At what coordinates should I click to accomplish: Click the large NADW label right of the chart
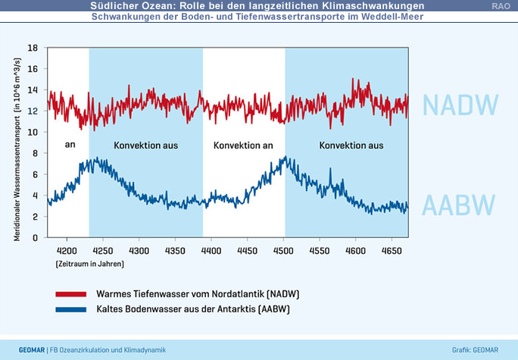click(460, 105)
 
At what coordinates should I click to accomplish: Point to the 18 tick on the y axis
click(33, 47)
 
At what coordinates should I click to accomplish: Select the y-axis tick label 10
click(33, 132)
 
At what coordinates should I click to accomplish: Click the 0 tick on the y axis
click(35, 238)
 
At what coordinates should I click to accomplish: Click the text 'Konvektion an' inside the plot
click(243, 145)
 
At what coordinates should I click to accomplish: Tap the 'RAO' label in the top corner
click(501, 6)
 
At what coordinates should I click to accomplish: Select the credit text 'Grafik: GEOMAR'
click(480, 349)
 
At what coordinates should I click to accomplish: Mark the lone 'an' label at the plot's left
click(70, 145)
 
